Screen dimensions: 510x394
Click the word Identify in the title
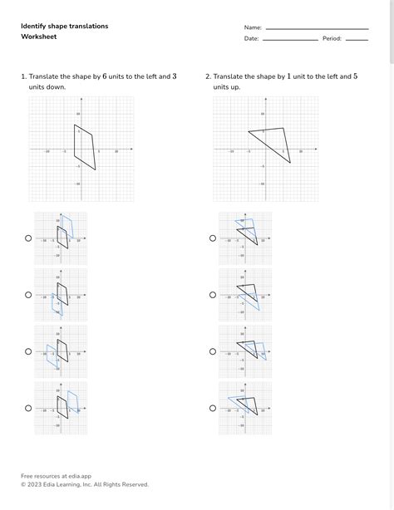coord(33,27)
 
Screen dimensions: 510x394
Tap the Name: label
coord(253,27)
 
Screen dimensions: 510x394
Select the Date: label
coord(251,38)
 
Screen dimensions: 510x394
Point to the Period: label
coord(332,38)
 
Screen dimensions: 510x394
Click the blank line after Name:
coord(316,29)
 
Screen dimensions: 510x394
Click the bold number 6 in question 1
coord(105,76)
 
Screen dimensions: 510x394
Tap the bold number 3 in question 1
coord(174,76)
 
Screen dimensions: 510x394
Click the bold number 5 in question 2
coord(355,76)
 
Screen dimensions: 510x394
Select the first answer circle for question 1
coord(28,238)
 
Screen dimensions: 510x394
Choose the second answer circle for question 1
coord(28,295)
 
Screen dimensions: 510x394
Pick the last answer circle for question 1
coord(28,408)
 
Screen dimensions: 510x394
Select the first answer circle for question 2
coord(213,238)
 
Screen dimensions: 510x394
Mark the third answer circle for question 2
coord(213,351)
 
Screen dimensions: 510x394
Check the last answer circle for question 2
coord(213,408)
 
